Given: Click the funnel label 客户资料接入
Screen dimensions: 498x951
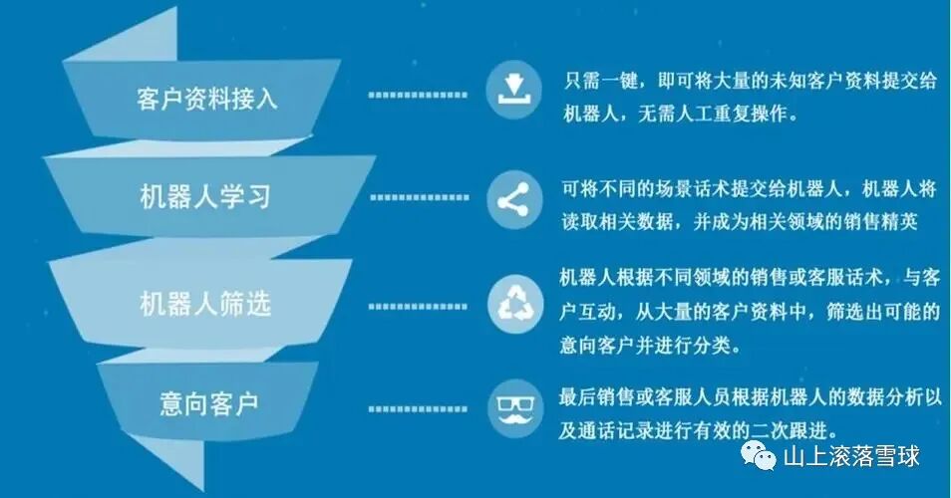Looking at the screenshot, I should click(x=207, y=99).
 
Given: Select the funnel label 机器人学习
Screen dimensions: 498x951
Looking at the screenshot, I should click(x=205, y=196).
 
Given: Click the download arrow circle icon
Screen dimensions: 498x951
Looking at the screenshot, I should click(x=513, y=89).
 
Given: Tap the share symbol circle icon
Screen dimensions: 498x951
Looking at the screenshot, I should click(x=513, y=198).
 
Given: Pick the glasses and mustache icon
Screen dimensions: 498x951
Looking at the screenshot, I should click(x=513, y=407).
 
